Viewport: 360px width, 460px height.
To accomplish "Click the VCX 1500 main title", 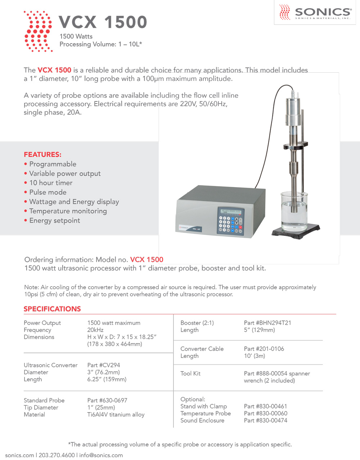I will [103, 22].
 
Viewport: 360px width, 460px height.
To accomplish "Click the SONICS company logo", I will [315, 13].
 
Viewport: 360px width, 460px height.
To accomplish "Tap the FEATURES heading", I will [42, 155].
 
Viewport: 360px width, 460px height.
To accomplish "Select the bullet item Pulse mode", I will [48, 192].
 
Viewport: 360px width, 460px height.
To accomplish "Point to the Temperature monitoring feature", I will [68, 211].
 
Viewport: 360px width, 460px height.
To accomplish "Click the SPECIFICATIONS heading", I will [52, 309].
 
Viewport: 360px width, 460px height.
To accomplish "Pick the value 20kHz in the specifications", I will [95, 330].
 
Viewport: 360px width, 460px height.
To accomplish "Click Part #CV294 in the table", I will [104, 365].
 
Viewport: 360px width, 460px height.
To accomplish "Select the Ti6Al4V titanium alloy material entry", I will [116, 415].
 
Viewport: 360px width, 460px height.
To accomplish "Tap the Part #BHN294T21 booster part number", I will [267, 323].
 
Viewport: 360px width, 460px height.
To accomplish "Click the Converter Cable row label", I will [202, 349].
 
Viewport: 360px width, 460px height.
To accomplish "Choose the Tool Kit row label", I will [190, 374].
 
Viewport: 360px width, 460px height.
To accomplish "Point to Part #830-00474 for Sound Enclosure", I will [266, 420].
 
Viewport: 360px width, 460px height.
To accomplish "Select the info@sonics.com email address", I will [101, 455].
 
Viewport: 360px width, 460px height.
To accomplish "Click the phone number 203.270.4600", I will [57, 455].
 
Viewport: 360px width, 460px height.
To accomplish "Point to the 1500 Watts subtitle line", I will [76, 36].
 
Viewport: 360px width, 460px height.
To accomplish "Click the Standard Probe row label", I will [44, 400].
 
